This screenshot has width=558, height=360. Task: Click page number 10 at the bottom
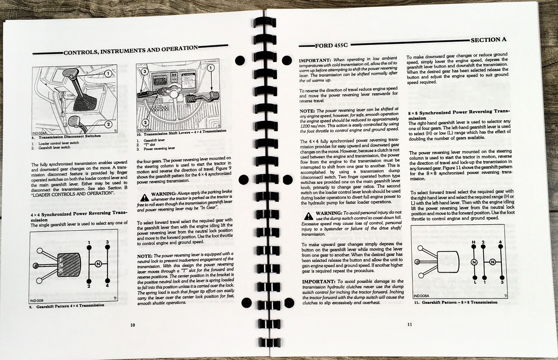coord(133,325)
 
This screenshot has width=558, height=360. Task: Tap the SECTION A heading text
coord(488,39)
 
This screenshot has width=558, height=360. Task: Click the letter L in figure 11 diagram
coord(475,282)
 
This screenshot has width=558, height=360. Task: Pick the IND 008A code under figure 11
coord(422,296)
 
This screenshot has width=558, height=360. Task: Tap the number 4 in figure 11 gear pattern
coord(500,242)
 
